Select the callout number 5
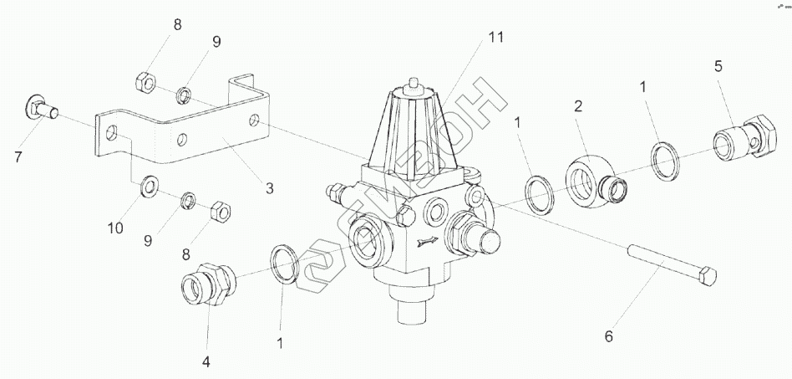(x=718, y=67)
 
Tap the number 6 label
(x=608, y=337)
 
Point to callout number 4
(x=205, y=362)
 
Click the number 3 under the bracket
(x=269, y=188)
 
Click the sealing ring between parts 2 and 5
(x=666, y=160)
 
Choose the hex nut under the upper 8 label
(x=142, y=81)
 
